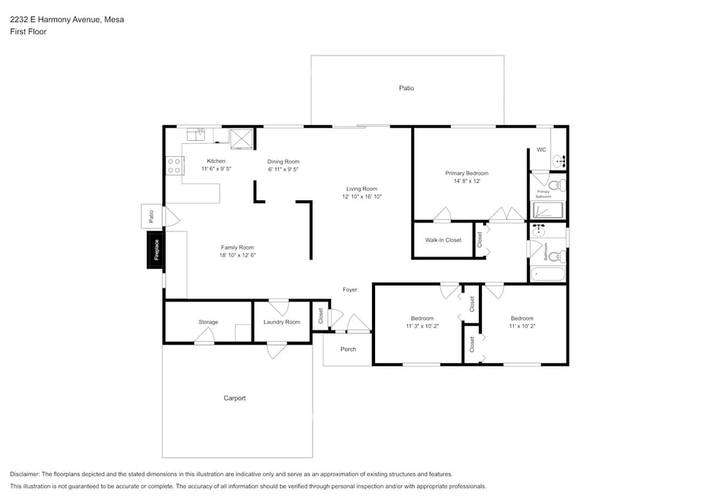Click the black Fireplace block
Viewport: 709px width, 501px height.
[x=156, y=250]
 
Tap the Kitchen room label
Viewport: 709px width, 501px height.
[x=217, y=161]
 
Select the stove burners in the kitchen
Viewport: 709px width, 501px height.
[x=174, y=166]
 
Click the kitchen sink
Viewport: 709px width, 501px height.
[x=196, y=135]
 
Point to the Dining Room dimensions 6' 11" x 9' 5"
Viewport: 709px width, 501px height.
[x=283, y=169]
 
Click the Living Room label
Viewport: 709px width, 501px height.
[x=361, y=189]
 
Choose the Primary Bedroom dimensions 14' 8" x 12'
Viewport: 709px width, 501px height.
[x=467, y=181]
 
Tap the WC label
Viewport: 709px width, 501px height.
[x=541, y=149]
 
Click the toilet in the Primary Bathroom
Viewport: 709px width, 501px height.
[x=557, y=185]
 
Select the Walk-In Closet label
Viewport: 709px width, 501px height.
[x=443, y=240]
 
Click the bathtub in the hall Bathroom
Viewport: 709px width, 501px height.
[x=547, y=274]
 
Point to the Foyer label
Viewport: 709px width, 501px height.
[x=349, y=289]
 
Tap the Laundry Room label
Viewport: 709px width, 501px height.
[x=282, y=322]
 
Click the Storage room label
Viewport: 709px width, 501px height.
[x=208, y=322]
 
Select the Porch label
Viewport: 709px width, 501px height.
[x=348, y=349]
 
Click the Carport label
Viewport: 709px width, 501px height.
[x=235, y=398]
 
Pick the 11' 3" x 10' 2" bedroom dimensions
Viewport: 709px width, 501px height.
[x=422, y=326]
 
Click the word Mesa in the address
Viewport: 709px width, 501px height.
[x=114, y=20]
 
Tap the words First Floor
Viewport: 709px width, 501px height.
[x=28, y=32]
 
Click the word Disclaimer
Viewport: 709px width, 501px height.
[x=24, y=474]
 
